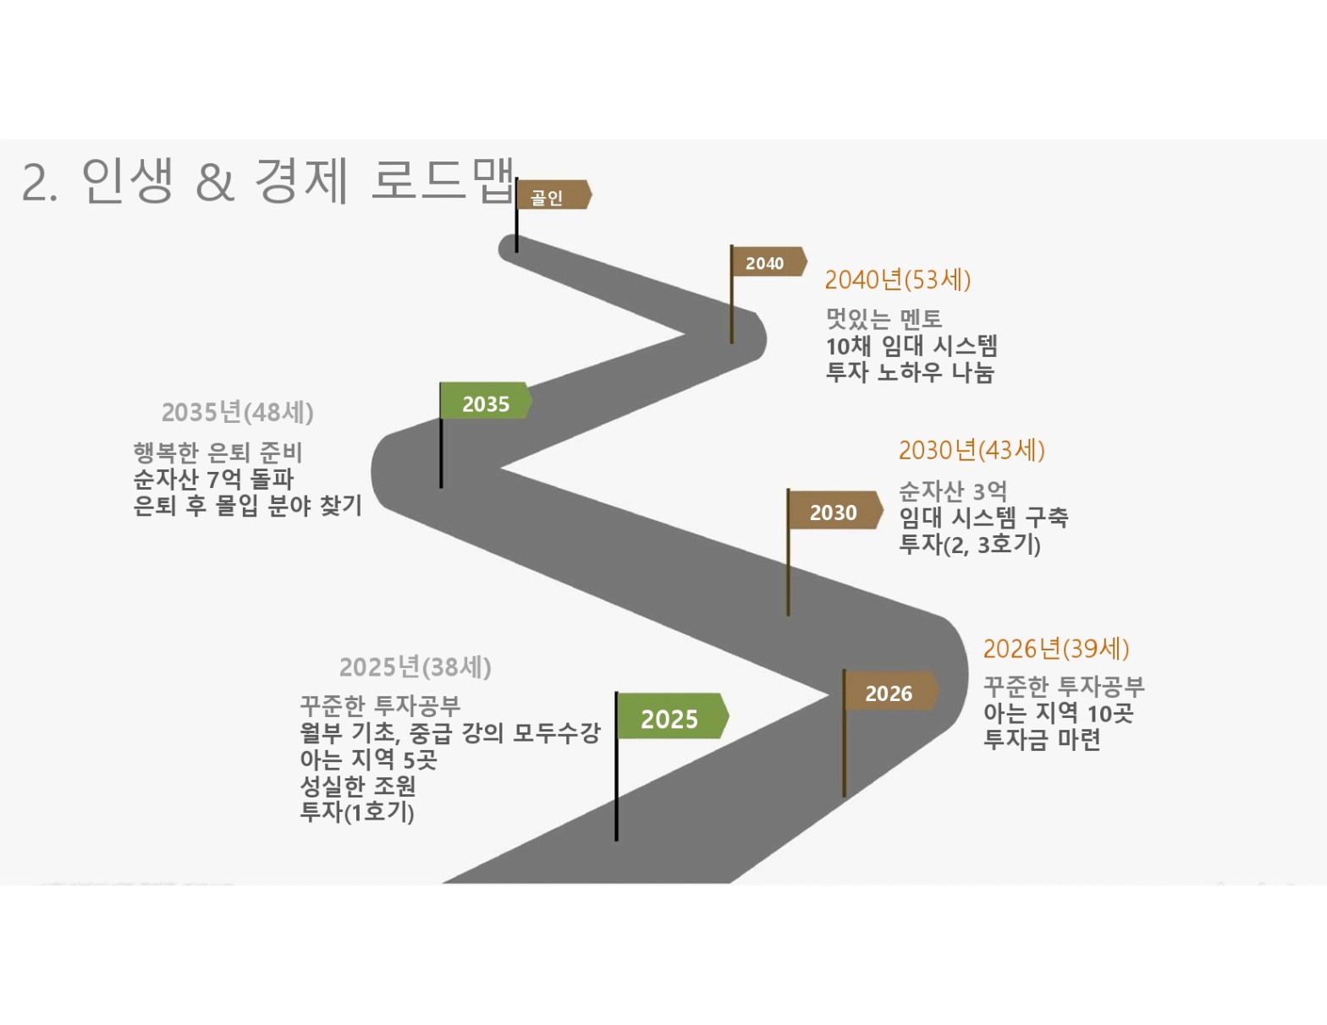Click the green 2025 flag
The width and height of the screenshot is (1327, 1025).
(x=672, y=715)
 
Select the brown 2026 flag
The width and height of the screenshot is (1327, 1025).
(x=890, y=691)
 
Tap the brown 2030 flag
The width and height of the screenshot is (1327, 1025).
(x=834, y=510)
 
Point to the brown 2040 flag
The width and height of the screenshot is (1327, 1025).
(x=768, y=261)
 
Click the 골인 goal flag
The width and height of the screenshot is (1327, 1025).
(x=553, y=195)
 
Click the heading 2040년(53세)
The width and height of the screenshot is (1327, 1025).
(x=898, y=280)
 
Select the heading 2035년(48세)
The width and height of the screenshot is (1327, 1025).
(x=238, y=413)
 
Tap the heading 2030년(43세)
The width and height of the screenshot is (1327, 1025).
(x=972, y=451)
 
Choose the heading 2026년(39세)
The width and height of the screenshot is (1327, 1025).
(x=1056, y=649)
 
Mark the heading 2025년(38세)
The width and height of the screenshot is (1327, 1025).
(x=416, y=667)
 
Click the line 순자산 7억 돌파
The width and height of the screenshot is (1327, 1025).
(x=214, y=479)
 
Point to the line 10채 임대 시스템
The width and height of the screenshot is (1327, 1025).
(x=911, y=347)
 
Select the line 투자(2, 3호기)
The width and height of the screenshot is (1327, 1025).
(x=970, y=545)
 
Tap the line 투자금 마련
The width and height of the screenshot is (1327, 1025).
(x=1042, y=739)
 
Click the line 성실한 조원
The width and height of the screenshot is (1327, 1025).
(x=358, y=786)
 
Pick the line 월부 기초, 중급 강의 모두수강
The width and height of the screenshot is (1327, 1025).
(x=450, y=732)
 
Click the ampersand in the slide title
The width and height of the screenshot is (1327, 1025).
(x=215, y=183)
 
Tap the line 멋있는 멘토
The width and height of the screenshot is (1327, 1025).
(x=884, y=319)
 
